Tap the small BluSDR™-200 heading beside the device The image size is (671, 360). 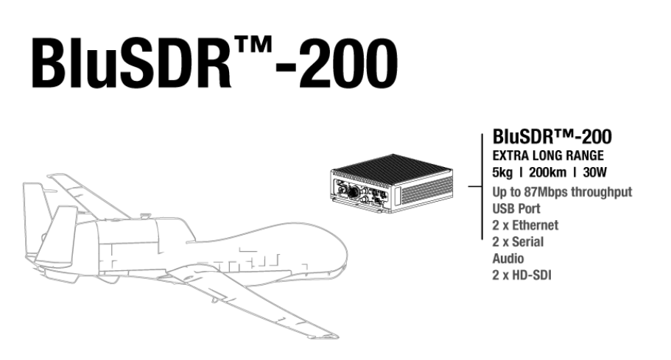tap(552, 138)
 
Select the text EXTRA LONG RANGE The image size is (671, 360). tap(548, 156)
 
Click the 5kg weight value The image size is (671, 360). tap(503, 173)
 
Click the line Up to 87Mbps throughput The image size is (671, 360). tap(562, 192)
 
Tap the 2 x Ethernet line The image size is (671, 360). tap(525, 225)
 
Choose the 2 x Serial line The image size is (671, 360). tap(518, 241)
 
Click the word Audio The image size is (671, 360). tap(508, 258)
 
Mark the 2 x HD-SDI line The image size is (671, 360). tap(522, 275)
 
